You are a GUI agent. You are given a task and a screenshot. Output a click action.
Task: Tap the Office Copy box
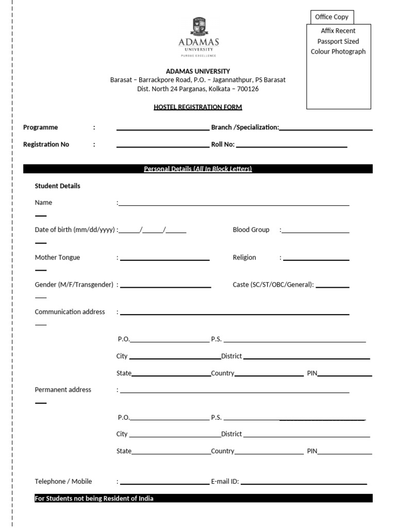point(332,17)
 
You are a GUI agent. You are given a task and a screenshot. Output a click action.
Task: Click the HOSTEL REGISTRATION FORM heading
point(197,107)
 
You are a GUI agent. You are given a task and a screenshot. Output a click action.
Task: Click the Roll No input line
point(291,146)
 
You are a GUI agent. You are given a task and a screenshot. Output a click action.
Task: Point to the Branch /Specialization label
point(245,127)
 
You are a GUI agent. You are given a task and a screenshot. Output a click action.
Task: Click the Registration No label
point(46,144)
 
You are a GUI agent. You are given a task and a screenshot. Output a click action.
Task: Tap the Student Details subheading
point(57,186)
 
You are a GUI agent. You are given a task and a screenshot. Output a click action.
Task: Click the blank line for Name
point(234,204)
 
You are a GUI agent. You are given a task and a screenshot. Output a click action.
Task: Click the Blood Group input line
point(315,232)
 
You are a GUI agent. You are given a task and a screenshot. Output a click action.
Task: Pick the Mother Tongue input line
point(164,259)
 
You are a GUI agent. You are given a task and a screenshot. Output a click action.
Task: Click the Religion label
point(244,257)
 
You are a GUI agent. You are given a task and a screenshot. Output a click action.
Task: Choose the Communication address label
point(70,312)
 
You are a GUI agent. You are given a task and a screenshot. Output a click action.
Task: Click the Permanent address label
point(63,390)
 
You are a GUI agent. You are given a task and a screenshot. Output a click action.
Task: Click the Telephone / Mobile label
point(63,482)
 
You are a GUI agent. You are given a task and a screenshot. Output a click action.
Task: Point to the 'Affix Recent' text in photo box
point(338,31)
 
